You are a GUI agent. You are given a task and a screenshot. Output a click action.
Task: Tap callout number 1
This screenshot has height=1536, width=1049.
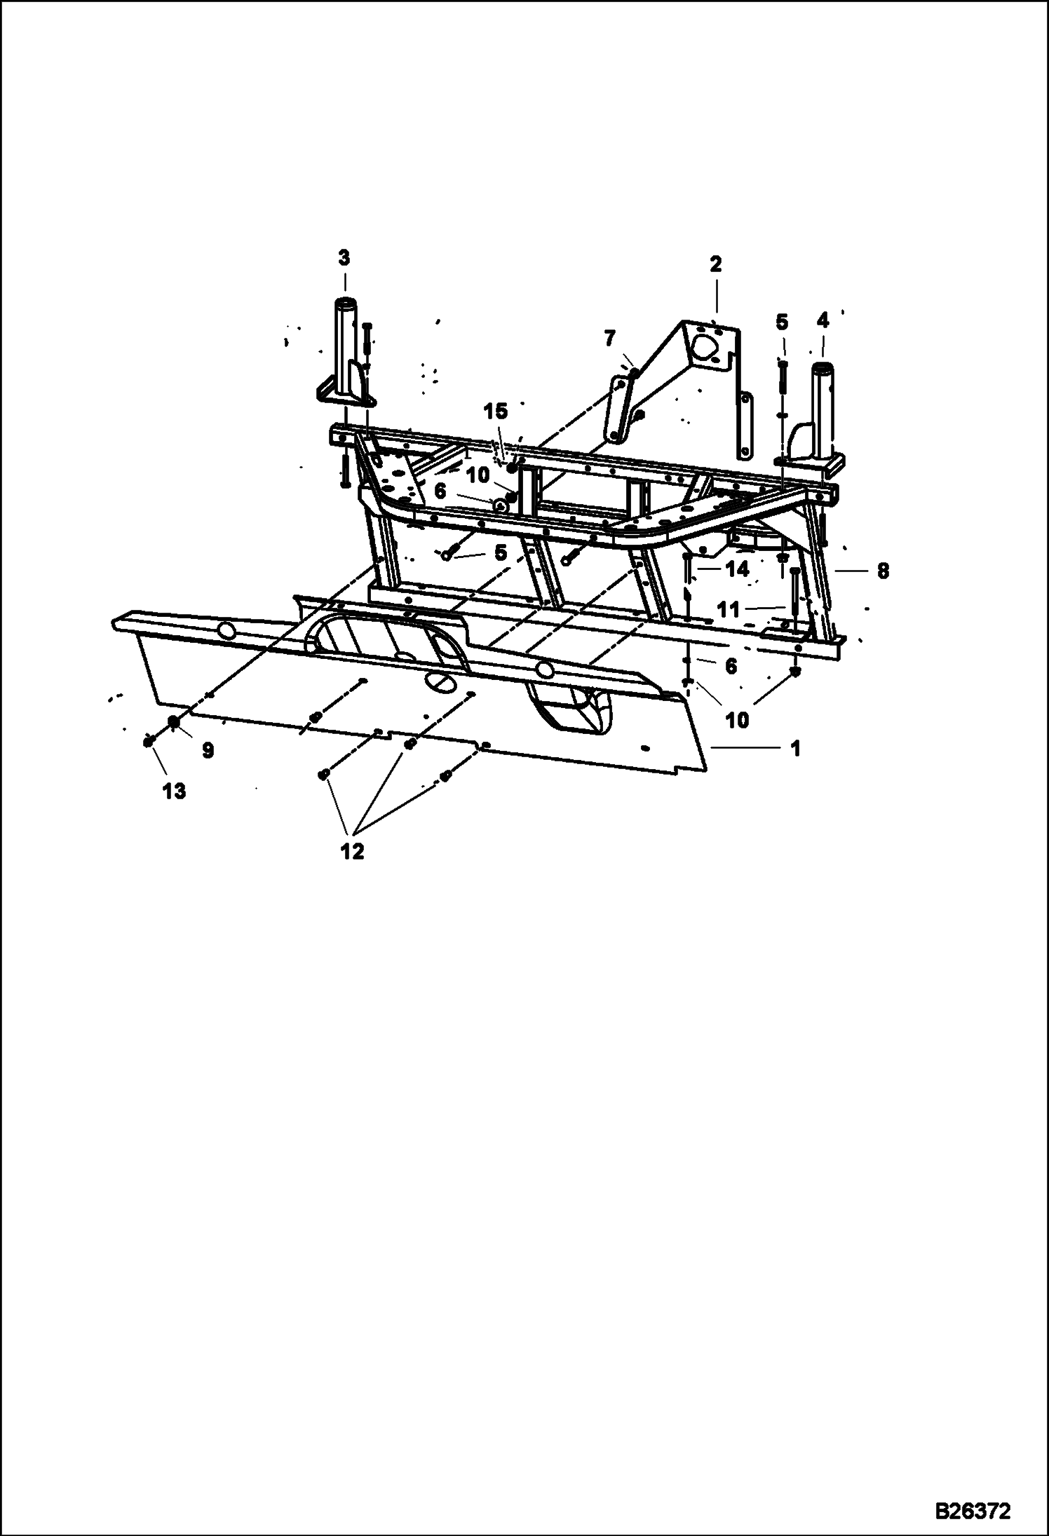tap(794, 749)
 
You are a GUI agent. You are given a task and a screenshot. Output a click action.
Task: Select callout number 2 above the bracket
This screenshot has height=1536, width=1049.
tap(715, 264)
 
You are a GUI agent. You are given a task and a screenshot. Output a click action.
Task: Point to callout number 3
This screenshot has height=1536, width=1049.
tap(344, 258)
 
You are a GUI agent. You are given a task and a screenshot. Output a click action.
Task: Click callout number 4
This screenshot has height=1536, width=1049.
tap(823, 321)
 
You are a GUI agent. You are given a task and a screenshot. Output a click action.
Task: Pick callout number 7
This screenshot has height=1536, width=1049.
tap(609, 339)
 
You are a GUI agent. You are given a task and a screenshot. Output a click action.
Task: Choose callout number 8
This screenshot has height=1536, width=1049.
tap(883, 571)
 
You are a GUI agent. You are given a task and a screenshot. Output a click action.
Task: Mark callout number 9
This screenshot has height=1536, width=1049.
tap(208, 751)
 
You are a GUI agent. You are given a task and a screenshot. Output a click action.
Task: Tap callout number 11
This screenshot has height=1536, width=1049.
tap(729, 609)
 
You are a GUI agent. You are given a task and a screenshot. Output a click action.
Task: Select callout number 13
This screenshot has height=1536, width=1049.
tap(174, 791)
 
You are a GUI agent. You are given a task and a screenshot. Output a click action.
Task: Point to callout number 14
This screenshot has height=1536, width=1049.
tap(738, 569)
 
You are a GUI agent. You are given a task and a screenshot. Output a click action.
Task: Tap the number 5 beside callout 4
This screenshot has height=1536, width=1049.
tap(782, 322)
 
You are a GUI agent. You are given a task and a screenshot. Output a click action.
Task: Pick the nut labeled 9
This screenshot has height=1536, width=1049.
tap(172, 722)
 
